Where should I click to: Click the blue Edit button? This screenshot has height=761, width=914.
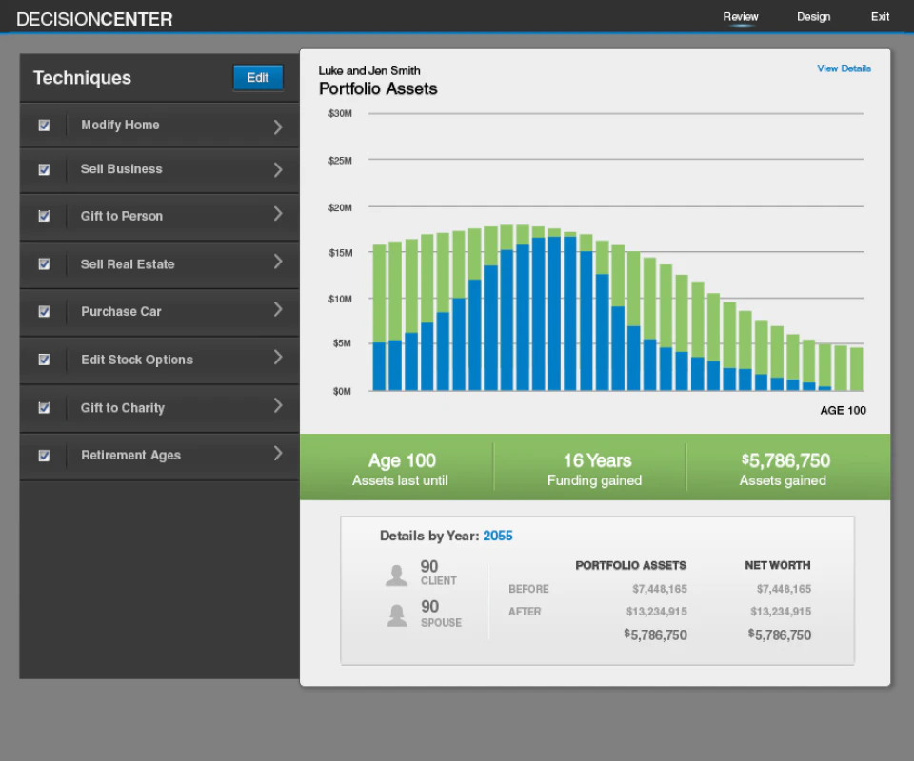coord(258,78)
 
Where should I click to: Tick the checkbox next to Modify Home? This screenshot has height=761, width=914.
coord(45,126)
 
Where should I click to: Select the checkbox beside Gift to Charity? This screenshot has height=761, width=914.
coord(45,407)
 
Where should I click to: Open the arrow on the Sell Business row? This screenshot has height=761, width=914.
coord(278,170)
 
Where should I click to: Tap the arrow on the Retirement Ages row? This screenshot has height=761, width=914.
coord(278,454)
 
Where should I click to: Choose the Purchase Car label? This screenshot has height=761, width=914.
coord(121,311)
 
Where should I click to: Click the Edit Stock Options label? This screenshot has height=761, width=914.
coord(137,360)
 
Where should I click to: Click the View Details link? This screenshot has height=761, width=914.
coord(844,68)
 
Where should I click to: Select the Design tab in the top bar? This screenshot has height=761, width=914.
coord(814,17)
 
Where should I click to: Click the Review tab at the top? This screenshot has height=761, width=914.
coord(741,17)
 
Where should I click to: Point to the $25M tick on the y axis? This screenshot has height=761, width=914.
coord(340,161)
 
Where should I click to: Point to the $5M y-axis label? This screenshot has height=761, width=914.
coord(342,343)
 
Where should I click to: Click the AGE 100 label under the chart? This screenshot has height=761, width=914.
coord(843,411)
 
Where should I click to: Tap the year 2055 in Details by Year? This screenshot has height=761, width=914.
coord(498,536)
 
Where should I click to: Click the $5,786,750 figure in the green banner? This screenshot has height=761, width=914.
coord(785,460)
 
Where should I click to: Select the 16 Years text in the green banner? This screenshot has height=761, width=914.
coord(598,460)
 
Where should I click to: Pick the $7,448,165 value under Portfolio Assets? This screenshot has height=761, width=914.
coord(660,589)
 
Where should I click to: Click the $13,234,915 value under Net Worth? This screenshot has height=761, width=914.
coord(781,612)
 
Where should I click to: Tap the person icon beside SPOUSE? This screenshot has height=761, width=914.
coord(397,615)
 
